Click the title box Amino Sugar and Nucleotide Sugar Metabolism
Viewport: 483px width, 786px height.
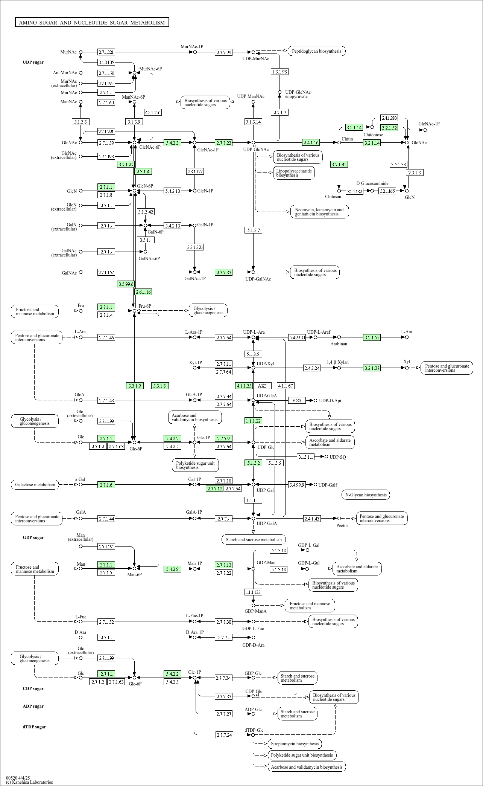click(92, 23)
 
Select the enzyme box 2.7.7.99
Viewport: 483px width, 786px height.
click(224, 52)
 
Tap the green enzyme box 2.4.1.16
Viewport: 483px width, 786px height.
click(311, 142)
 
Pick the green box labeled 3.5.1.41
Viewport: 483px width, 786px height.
click(339, 164)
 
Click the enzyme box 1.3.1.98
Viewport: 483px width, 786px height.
click(279, 72)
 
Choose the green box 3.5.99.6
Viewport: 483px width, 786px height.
click(126, 284)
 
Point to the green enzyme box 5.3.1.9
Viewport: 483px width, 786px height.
click(135, 386)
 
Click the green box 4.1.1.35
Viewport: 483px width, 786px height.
click(244, 386)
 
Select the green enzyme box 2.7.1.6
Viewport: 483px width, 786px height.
click(106, 485)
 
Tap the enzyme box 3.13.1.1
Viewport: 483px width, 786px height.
click(305, 457)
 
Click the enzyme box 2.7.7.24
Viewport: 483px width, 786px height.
click(225, 735)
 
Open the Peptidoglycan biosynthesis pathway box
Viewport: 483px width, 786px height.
click(316, 51)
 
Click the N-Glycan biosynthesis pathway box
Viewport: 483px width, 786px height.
click(366, 495)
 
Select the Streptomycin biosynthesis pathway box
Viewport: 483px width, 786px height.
click(295, 744)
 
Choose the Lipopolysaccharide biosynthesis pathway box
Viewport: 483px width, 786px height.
click(294, 173)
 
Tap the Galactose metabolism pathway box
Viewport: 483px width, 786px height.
click(35, 485)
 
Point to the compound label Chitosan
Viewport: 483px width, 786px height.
click(333, 197)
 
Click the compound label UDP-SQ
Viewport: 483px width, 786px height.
click(337, 457)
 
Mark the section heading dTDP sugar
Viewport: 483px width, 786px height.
click(34, 727)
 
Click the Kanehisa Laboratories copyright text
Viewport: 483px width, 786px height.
click(29, 782)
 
